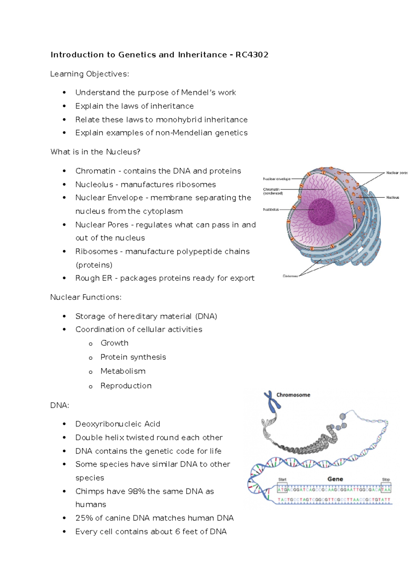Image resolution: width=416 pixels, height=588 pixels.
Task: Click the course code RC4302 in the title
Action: [252, 55]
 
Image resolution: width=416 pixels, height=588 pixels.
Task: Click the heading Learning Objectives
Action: [89, 74]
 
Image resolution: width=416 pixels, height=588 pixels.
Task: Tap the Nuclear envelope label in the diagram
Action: [277, 179]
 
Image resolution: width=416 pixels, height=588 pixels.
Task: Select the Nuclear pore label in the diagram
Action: [397, 173]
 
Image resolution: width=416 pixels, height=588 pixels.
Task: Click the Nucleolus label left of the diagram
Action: [271, 210]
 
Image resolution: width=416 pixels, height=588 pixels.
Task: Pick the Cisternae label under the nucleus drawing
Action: [290, 276]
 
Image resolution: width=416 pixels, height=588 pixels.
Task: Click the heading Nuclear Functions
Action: [86, 297]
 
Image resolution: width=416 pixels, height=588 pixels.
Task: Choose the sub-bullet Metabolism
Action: [123, 371]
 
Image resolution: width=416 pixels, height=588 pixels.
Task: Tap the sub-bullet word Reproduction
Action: [126, 386]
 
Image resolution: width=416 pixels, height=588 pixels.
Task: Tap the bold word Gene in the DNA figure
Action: [335, 479]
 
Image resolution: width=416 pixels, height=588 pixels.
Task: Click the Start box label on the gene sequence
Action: [282, 480]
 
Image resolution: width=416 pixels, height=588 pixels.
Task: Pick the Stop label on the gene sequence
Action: [386, 480]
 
